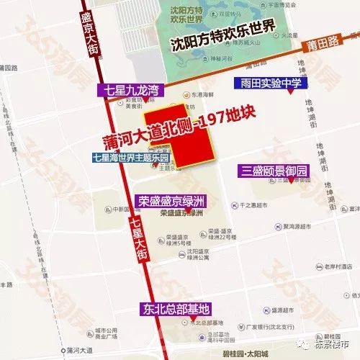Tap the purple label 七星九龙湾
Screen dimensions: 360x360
(x=130, y=91)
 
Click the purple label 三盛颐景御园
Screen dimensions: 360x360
(x=274, y=171)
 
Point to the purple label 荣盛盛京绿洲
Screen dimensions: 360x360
(x=171, y=201)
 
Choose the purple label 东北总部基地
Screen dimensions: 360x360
(x=176, y=310)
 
